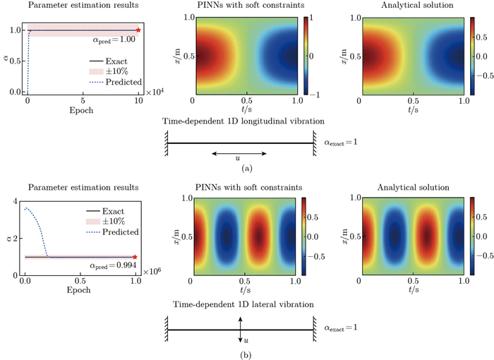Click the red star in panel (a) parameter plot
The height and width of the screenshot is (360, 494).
[138, 30]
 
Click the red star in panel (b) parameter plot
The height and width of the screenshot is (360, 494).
[135, 257]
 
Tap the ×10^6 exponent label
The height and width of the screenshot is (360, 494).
[152, 272]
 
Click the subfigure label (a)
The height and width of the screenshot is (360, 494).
[246, 169]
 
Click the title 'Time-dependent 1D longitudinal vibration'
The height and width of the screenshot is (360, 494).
[240, 122]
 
